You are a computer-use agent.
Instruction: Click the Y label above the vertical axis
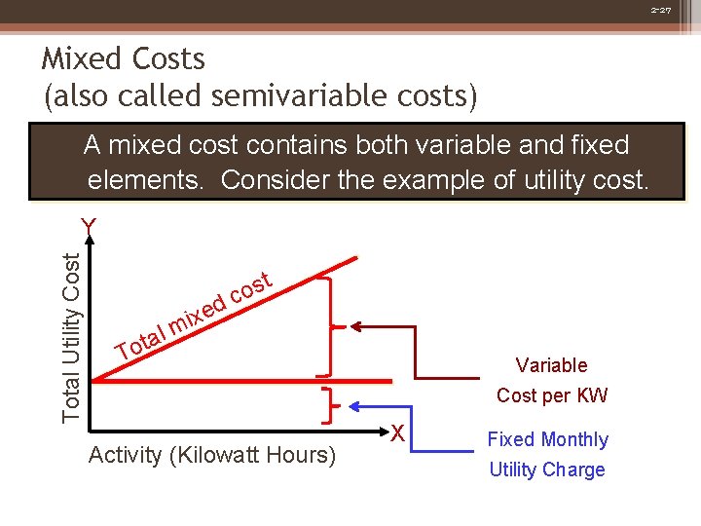[89, 227]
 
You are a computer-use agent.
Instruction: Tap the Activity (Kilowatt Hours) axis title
[211, 455]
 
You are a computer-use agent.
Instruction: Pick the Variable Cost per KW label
[551, 380]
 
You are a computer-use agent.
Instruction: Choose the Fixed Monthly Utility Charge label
[547, 454]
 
